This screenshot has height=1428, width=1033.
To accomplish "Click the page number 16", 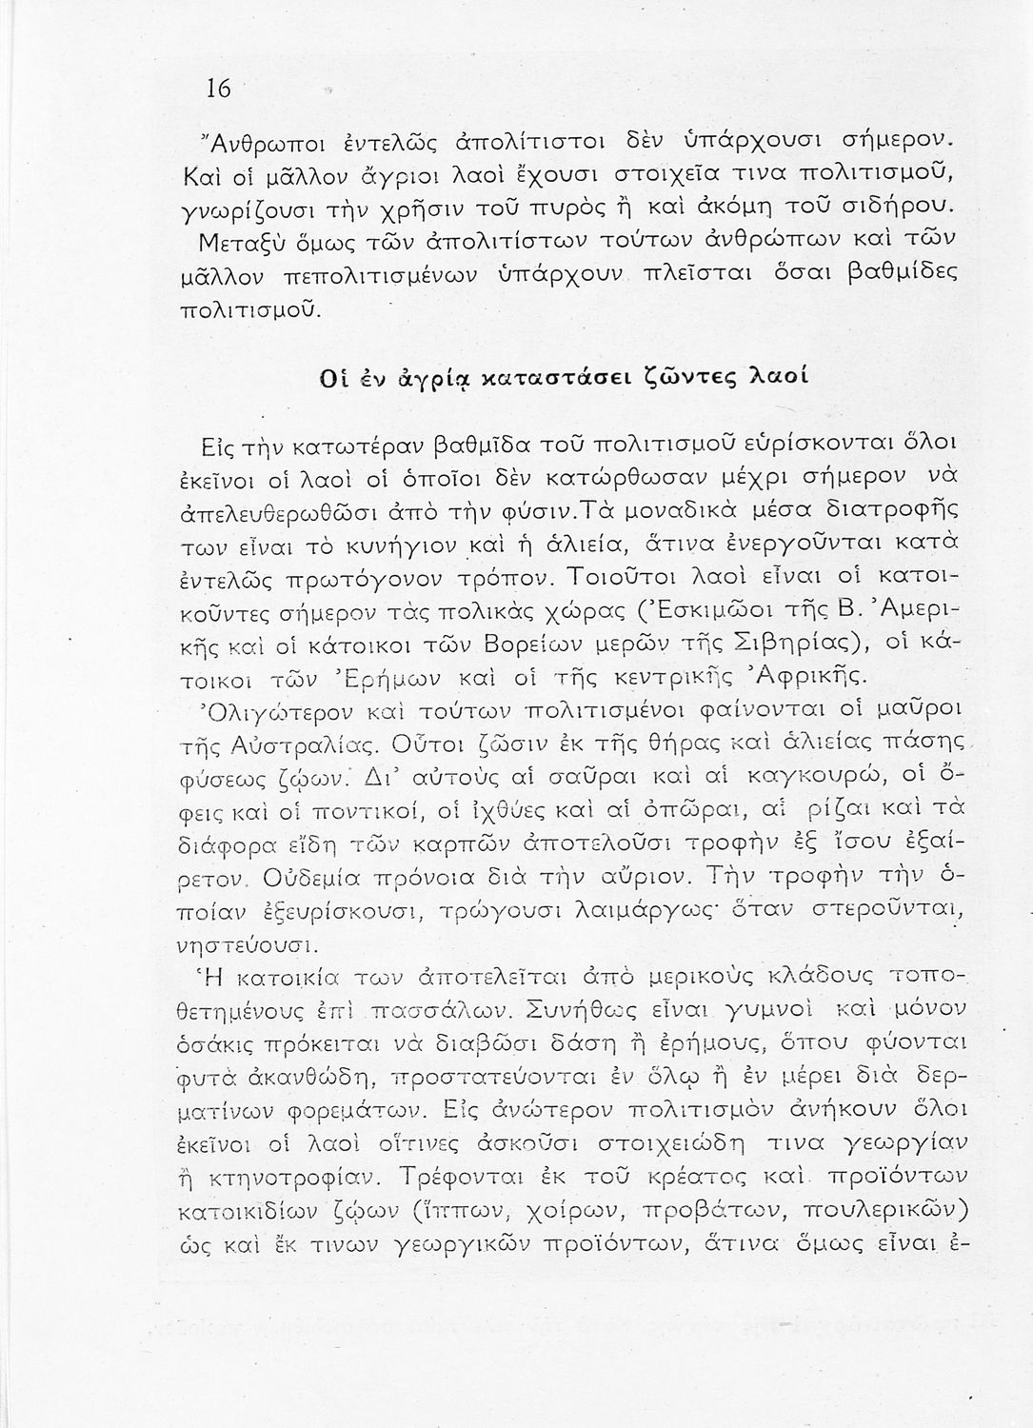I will coord(218,89).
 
